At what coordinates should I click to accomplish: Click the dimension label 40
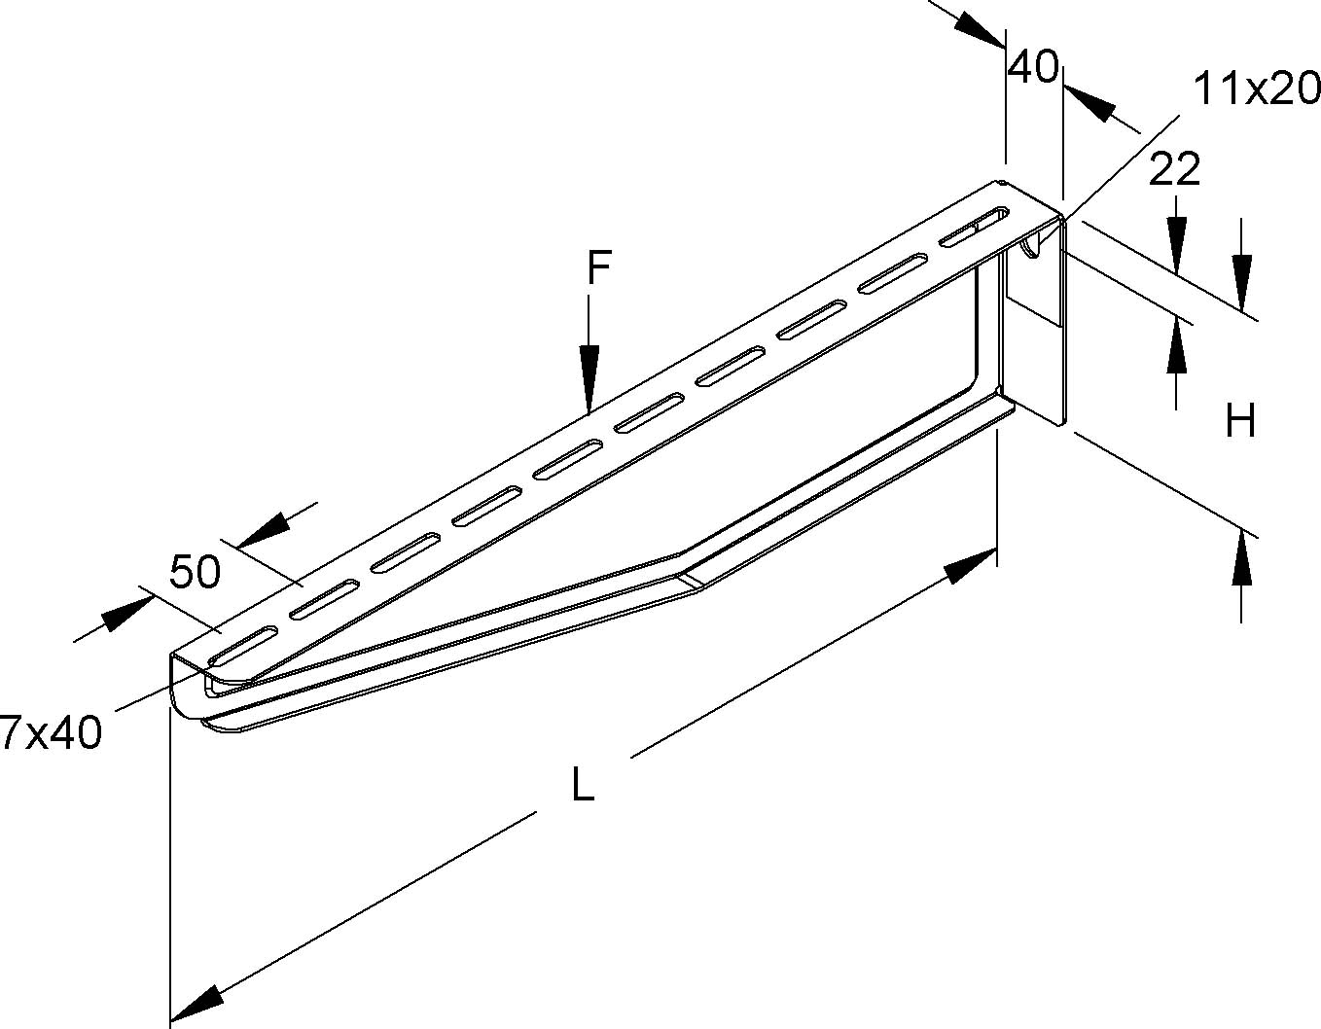pyautogui.click(x=1033, y=67)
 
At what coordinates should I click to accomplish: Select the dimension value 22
pyautogui.click(x=1175, y=170)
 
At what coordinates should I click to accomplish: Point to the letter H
pyautogui.click(x=1240, y=422)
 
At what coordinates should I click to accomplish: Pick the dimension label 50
pyautogui.click(x=196, y=573)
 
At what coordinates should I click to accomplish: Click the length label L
pyautogui.click(x=582, y=785)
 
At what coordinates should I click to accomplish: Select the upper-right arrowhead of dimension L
pyautogui.click(x=972, y=565)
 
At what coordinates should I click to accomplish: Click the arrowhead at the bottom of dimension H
pyautogui.click(x=1241, y=559)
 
